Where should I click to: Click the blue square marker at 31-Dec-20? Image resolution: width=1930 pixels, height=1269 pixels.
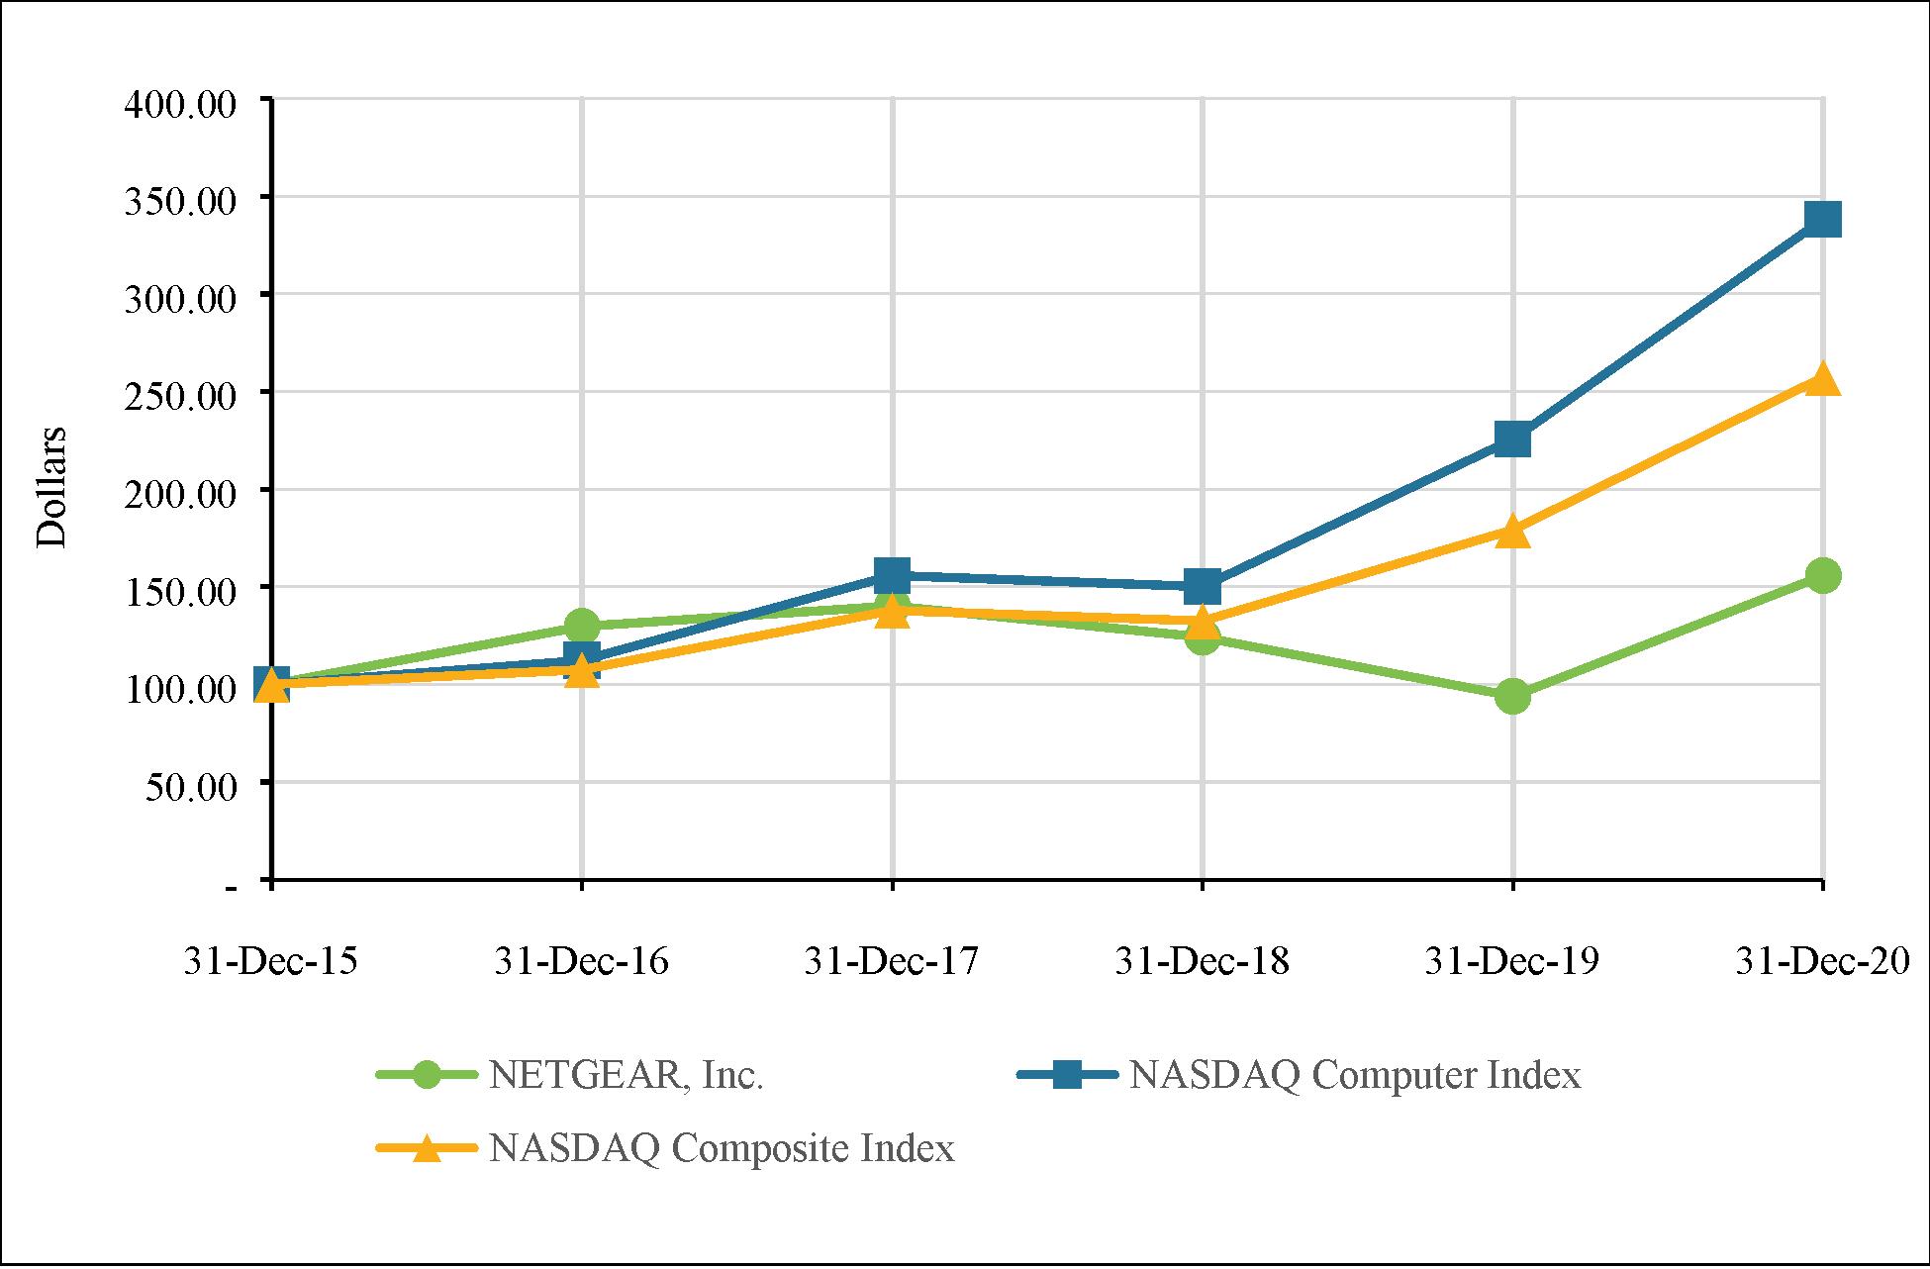pos(1822,219)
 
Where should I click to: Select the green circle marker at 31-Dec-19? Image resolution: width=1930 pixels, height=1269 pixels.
pos(1512,696)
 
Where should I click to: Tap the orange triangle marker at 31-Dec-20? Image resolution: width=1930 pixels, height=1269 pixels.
pos(1822,379)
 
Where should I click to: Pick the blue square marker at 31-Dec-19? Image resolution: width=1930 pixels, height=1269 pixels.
pos(1512,439)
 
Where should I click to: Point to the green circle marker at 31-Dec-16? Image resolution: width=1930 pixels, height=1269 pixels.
pos(582,626)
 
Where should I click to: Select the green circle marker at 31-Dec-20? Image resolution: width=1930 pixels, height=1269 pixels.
pos(1822,575)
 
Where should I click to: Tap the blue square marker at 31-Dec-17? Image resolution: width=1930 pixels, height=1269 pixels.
pos(892,575)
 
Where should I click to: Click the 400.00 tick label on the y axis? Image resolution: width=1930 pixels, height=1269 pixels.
pos(180,103)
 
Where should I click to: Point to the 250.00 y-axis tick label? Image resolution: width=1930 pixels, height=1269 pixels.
pos(180,396)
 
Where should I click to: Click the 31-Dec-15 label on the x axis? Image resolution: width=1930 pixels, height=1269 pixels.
pos(270,961)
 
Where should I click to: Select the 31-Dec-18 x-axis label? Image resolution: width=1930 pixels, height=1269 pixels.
pos(1202,961)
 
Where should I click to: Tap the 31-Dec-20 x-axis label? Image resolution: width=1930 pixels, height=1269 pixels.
pos(1822,961)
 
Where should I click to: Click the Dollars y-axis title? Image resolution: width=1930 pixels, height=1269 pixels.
pos(51,486)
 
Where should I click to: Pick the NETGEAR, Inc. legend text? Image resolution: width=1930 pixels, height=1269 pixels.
pos(626,1076)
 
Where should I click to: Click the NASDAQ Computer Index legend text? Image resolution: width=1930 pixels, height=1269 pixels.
pos(1355,1075)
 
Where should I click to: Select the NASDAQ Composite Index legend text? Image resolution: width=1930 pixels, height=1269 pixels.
pos(722,1148)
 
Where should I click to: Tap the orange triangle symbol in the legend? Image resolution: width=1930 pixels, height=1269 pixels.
pos(427,1148)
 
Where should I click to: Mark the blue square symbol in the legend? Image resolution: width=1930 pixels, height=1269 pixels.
pos(1067,1075)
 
